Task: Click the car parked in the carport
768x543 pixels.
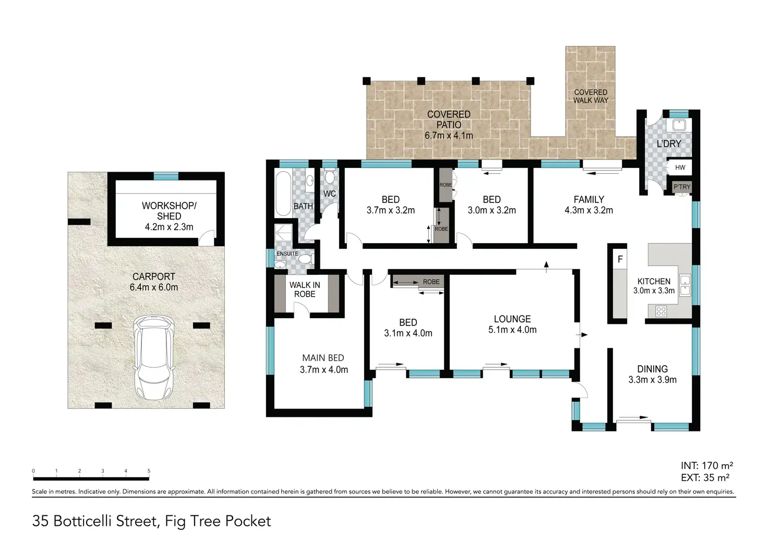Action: [x=153, y=357]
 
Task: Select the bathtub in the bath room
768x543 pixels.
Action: [x=283, y=194]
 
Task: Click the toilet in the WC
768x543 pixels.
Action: [x=330, y=176]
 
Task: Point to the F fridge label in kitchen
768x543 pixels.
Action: [x=620, y=259]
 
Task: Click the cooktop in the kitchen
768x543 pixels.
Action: [x=661, y=311]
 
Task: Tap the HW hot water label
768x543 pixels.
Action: [x=680, y=167]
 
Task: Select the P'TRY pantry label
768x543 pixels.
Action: [x=681, y=187]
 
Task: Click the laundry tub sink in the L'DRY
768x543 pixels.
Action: [x=678, y=125]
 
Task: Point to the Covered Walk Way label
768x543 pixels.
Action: [x=591, y=96]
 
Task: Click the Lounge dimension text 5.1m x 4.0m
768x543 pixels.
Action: [x=512, y=330]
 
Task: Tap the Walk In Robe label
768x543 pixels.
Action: [x=305, y=289]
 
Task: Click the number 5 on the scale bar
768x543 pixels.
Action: [x=149, y=471]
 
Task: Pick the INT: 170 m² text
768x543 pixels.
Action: [x=706, y=465]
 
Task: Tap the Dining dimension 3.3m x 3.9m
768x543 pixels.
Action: [x=652, y=380]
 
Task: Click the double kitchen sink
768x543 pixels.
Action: [x=685, y=285]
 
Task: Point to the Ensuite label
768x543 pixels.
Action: [x=287, y=254]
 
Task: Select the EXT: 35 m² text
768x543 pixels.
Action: [x=705, y=477]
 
